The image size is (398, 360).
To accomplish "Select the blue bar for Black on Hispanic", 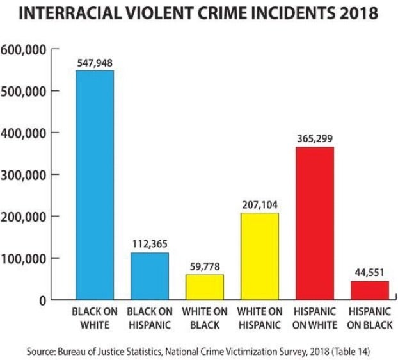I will point(150,276).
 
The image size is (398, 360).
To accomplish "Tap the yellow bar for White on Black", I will point(205,287).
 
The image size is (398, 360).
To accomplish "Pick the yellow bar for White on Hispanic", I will point(259,256).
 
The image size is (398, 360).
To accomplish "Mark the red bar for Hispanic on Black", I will point(369,290).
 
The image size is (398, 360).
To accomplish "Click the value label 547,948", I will point(95,64).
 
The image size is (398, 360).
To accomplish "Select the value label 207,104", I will point(259,206).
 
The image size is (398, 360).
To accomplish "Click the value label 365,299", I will point(314,139).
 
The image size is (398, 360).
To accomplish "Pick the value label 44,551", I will point(369,274).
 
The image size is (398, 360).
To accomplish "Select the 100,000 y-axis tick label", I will point(24,259).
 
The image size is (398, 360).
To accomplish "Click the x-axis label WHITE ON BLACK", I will point(205,318).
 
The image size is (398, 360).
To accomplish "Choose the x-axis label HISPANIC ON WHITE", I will point(314,318).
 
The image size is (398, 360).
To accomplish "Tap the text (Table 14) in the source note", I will point(346,352).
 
